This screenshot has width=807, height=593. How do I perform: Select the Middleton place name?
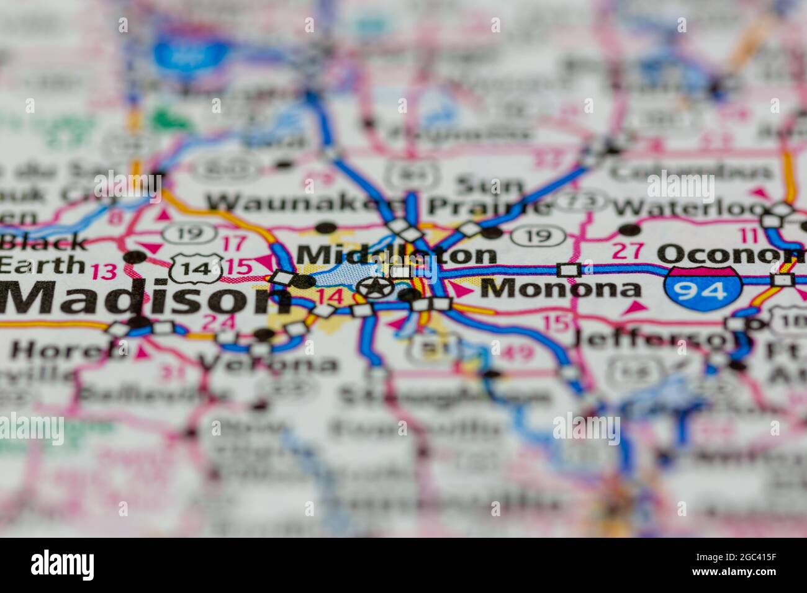[397, 255]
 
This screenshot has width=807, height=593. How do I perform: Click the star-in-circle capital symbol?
[376, 287]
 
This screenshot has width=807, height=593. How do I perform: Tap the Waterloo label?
[692, 207]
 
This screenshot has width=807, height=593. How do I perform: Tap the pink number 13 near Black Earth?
[102, 271]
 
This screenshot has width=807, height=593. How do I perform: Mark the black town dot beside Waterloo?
[629, 229]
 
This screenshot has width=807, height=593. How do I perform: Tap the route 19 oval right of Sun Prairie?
[538, 236]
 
